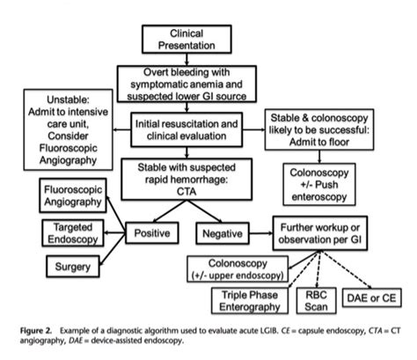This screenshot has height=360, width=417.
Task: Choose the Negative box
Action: (x=223, y=234)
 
